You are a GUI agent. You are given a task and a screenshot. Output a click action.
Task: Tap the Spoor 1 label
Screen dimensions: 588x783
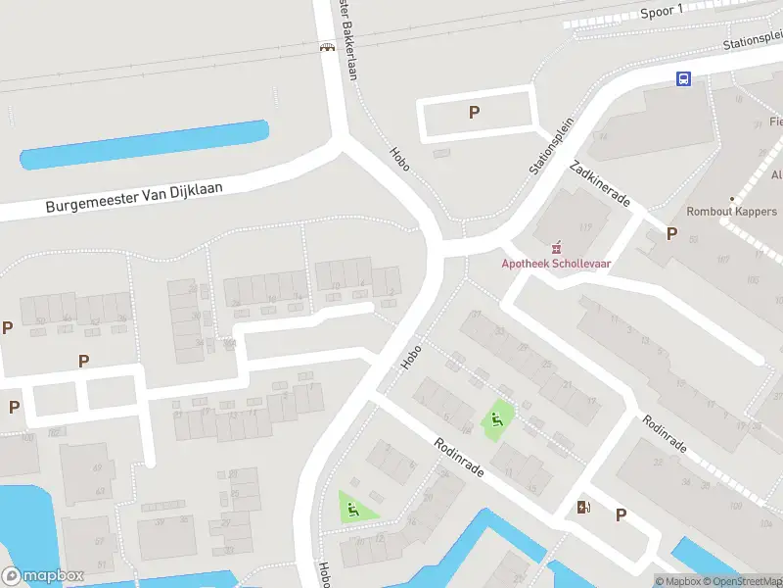tap(661, 10)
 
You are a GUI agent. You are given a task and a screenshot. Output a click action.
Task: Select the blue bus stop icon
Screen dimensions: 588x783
tap(683, 79)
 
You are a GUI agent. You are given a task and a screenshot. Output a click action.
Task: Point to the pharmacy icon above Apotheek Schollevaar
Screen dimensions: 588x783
tap(556, 245)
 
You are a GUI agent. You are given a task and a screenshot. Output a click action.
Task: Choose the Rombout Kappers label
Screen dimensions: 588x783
tap(732, 212)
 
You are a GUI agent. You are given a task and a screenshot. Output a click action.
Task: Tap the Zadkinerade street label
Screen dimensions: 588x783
tap(603, 183)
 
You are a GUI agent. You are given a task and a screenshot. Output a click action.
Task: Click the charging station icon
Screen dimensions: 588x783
tap(584, 507)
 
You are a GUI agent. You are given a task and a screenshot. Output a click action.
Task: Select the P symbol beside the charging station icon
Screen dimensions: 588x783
tap(621, 514)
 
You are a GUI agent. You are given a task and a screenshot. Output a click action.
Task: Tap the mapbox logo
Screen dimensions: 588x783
tap(43, 576)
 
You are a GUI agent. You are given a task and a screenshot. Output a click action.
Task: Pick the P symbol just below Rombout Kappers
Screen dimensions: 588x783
tap(671, 233)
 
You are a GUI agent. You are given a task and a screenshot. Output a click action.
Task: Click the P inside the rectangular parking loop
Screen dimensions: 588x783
tap(474, 113)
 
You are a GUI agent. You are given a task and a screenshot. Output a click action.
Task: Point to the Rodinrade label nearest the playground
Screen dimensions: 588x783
tap(460, 458)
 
